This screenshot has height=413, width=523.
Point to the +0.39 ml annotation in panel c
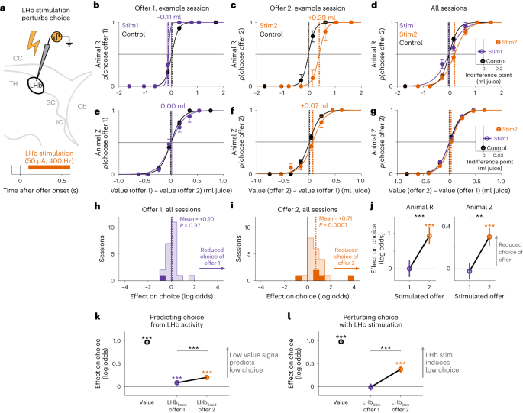[x=323, y=15]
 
